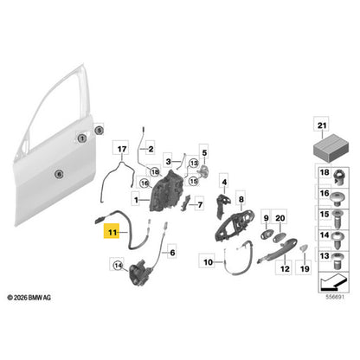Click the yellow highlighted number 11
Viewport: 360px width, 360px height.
[112, 232]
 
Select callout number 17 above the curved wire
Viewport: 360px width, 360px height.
[122, 149]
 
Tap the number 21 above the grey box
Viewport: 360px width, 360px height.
[322, 125]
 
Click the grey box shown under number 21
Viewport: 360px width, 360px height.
[331, 150]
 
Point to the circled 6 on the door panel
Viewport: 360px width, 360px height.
[59, 174]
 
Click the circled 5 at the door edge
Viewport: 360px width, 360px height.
[99, 131]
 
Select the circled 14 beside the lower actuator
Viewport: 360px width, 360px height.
[118, 266]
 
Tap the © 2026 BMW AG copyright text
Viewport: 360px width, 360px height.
[29, 298]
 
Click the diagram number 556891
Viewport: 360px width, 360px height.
[335, 297]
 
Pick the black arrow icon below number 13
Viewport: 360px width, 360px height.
[332, 282]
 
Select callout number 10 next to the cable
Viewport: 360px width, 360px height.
[208, 262]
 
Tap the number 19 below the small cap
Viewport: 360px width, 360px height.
[305, 269]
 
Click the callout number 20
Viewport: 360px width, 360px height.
[280, 218]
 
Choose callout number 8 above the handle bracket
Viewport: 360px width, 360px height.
[241, 199]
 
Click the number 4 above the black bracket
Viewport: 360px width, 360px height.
[224, 182]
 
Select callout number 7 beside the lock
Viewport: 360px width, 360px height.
[200, 205]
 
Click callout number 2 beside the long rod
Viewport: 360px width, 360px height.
[151, 149]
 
